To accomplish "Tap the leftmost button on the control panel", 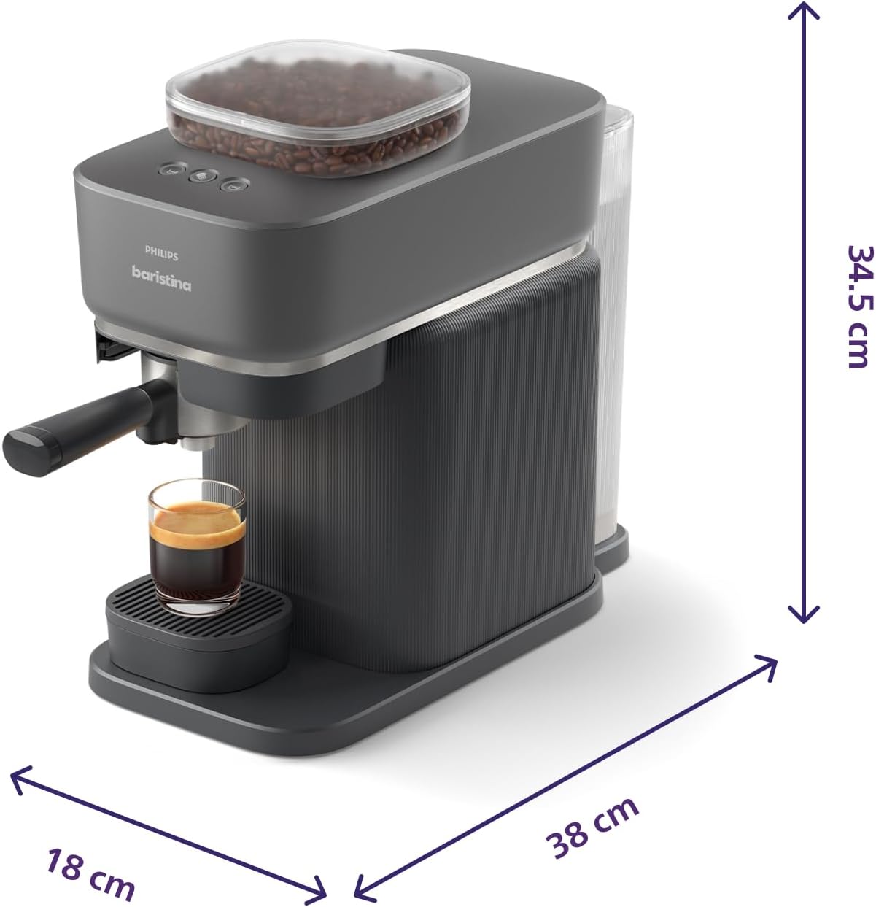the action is tap(169, 169).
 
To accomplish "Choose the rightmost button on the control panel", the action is tap(234, 185).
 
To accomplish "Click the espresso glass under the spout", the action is tap(197, 546).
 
